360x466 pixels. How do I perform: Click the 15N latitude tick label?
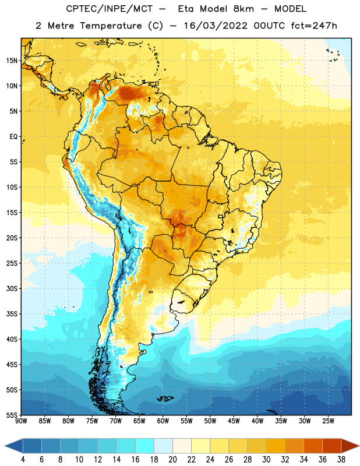coord(12,61)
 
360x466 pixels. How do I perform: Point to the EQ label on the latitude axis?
coord(13,137)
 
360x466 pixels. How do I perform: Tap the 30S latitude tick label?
coord(12,288)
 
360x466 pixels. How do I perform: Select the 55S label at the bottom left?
coord(12,415)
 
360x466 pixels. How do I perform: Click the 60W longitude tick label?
coord(163,421)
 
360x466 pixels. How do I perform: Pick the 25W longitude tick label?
coord(328,421)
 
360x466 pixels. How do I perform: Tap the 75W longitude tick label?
coord(92,421)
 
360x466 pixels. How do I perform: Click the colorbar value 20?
coord(172,460)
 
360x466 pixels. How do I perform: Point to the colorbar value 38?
coord(341,460)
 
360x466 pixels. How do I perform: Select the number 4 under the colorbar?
coord(23,460)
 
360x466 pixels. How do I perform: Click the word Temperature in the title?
coord(111,26)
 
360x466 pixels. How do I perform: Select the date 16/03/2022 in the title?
coord(215,26)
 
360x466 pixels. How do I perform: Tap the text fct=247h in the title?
coord(314,26)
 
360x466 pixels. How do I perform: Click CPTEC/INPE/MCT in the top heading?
coord(109,9)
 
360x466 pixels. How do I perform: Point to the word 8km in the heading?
coord(243,9)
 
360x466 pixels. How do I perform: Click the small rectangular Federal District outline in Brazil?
coord(221,216)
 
